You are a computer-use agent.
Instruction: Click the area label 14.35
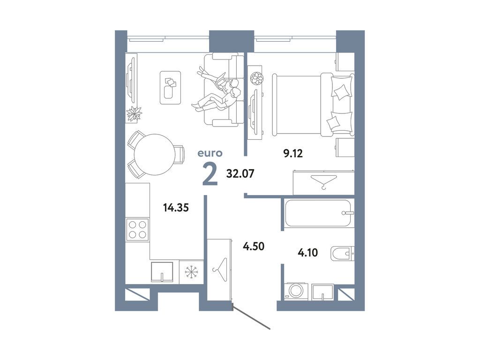pos(176,207)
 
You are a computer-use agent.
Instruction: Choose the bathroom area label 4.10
pos(308,253)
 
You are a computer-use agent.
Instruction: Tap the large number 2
pos(210,174)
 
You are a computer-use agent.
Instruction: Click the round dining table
pos(154,154)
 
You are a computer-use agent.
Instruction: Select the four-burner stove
pos(138,230)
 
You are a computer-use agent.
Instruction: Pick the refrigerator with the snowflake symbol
pos(191,271)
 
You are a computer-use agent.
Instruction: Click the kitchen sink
pos(162,271)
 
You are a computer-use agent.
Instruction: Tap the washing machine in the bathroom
pos(296,291)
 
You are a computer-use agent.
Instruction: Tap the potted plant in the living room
pos(135,113)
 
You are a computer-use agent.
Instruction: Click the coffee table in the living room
pos(170,87)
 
